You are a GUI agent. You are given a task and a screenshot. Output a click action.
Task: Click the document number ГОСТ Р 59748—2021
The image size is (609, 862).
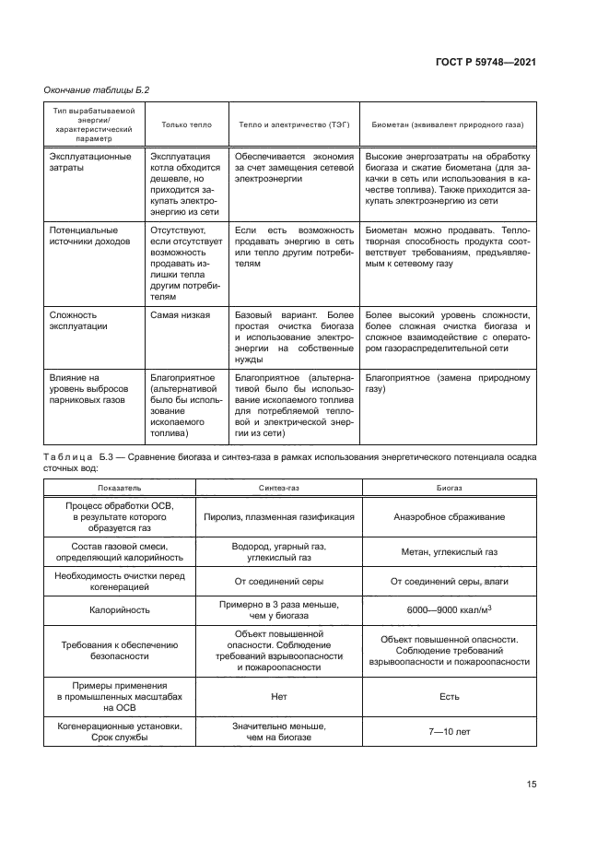[485, 62]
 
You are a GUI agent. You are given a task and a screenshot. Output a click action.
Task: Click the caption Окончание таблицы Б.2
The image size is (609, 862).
[97, 89]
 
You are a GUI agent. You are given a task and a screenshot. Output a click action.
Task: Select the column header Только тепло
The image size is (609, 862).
[186, 124]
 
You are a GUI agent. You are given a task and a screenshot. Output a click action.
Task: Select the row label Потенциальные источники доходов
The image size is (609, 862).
[84, 234]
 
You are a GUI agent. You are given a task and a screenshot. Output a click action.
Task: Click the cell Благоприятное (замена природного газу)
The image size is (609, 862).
[448, 383]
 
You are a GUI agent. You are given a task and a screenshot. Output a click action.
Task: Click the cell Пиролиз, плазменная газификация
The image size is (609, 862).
[279, 518]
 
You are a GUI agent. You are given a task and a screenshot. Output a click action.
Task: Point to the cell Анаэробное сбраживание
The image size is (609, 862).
[449, 518]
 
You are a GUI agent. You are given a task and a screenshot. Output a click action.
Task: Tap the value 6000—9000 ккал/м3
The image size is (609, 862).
[449, 610]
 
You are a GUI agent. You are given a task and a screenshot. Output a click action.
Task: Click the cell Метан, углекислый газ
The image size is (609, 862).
[449, 552]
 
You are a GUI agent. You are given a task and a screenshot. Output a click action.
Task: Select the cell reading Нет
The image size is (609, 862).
[279, 697]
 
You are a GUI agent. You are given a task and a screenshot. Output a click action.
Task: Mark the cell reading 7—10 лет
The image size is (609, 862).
[449, 732]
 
